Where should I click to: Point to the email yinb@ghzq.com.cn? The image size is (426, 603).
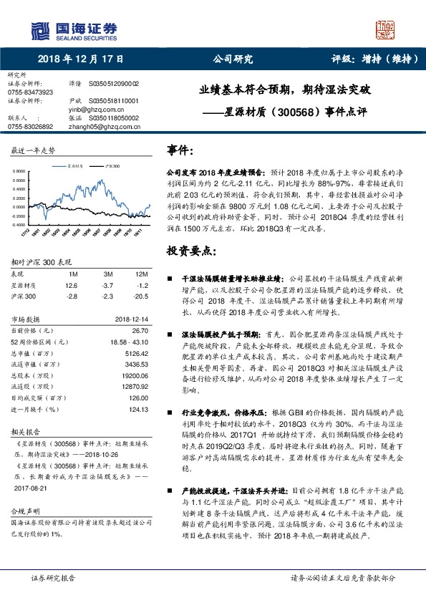point(97,110)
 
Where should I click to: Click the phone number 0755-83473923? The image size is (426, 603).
point(30,92)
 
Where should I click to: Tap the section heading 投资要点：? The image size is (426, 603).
point(190,251)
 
